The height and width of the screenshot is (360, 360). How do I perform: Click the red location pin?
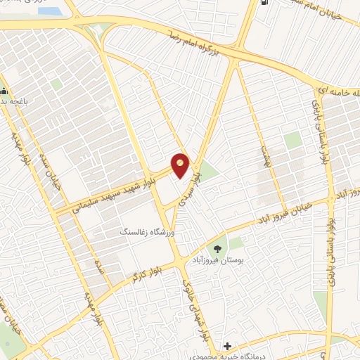coord(181,165)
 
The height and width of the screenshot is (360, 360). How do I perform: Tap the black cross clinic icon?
coord(227,346)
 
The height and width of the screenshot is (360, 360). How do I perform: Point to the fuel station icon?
coord(264,3)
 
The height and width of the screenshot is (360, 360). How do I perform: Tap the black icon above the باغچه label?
coord(5,91)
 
